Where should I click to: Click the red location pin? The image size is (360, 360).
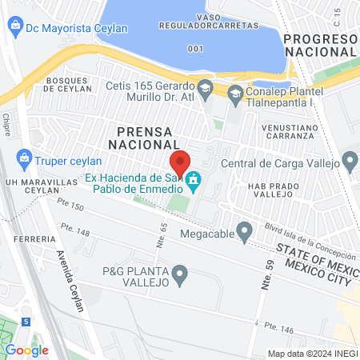[180, 162]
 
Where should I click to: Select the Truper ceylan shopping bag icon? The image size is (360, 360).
[24, 158]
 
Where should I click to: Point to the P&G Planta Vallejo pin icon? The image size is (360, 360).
[181, 276]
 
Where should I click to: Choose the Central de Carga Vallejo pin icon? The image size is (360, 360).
[350, 164]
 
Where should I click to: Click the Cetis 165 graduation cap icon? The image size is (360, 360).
[205, 86]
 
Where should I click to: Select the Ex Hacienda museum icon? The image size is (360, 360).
[193, 185]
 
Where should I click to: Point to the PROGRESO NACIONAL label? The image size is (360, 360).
[320, 45]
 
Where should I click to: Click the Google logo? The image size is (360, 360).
[27, 350]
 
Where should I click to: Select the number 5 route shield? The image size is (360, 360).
[26, 322]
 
